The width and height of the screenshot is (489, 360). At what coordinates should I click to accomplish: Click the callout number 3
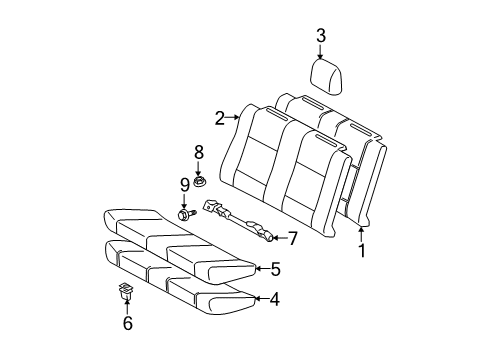pyautogui.click(x=321, y=36)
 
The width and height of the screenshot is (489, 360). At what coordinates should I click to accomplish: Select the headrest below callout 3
pyautogui.click(x=326, y=77)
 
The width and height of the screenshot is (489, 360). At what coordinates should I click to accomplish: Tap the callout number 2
pyautogui.click(x=220, y=118)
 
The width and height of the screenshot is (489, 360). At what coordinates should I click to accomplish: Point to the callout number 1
pyautogui.click(x=362, y=250)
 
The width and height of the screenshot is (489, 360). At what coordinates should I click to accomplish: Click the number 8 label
pyautogui.click(x=199, y=152)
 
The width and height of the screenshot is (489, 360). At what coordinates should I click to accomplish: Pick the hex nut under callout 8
pyautogui.click(x=199, y=182)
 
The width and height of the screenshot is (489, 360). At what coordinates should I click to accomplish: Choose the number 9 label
pyautogui.click(x=185, y=185)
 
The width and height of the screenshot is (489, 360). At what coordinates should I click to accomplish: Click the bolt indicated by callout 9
pyautogui.click(x=187, y=214)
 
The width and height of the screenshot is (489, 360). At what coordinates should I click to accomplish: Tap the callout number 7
pyautogui.click(x=292, y=238)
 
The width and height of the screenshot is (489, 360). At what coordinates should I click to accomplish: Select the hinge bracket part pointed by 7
pyautogui.click(x=238, y=220)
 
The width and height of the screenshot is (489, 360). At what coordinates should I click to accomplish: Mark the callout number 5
pyautogui.click(x=275, y=269)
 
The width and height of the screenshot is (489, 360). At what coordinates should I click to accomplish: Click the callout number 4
pyautogui.click(x=274, y=299)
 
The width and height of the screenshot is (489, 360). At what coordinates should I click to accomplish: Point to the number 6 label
pyautogui.click(x=128, y=323)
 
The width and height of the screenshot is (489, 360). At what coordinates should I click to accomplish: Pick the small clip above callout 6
pyautogui.click(x=125, y=291)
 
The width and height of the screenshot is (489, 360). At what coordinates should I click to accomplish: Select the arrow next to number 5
pyautogui.click(x=263, y=268)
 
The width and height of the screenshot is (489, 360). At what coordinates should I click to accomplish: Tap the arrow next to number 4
pyautogui.click(x=261, y=298)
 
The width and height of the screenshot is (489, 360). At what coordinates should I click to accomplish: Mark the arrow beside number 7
pyautogui.click(x=280, y=238)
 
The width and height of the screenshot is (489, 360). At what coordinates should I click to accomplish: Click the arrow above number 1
pyautogui.click(x=362, y=234)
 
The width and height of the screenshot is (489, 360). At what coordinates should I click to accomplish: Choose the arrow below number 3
pyautogui.click(x=320, y=52)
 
